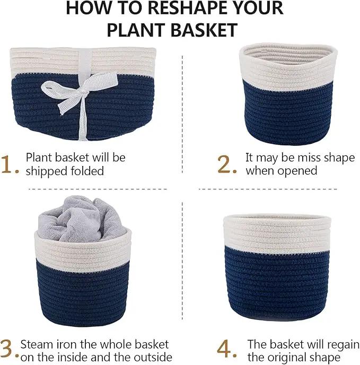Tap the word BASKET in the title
tap(204, 30)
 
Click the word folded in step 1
tap(87, 171)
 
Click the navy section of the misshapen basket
tap(289, 114)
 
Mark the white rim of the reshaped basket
tap(277, 233)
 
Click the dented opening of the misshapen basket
tap(288, 54)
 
